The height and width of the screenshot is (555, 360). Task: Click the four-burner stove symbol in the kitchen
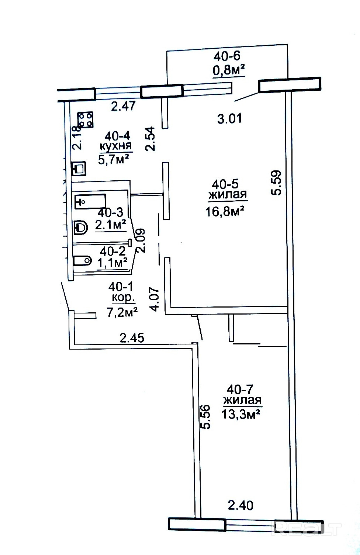(86, 120)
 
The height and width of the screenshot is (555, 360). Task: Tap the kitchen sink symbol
(79, 169)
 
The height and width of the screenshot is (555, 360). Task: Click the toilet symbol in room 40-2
(83, 261)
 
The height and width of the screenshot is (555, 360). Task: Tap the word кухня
(115, 146)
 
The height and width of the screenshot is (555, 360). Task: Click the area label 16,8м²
(225, 212)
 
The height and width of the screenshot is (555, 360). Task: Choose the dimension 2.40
(240, 505)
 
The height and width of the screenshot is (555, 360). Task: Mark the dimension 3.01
(229, 118)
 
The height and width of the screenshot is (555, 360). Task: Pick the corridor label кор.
(124, 298)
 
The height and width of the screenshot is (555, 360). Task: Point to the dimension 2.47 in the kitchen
(123, 106)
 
